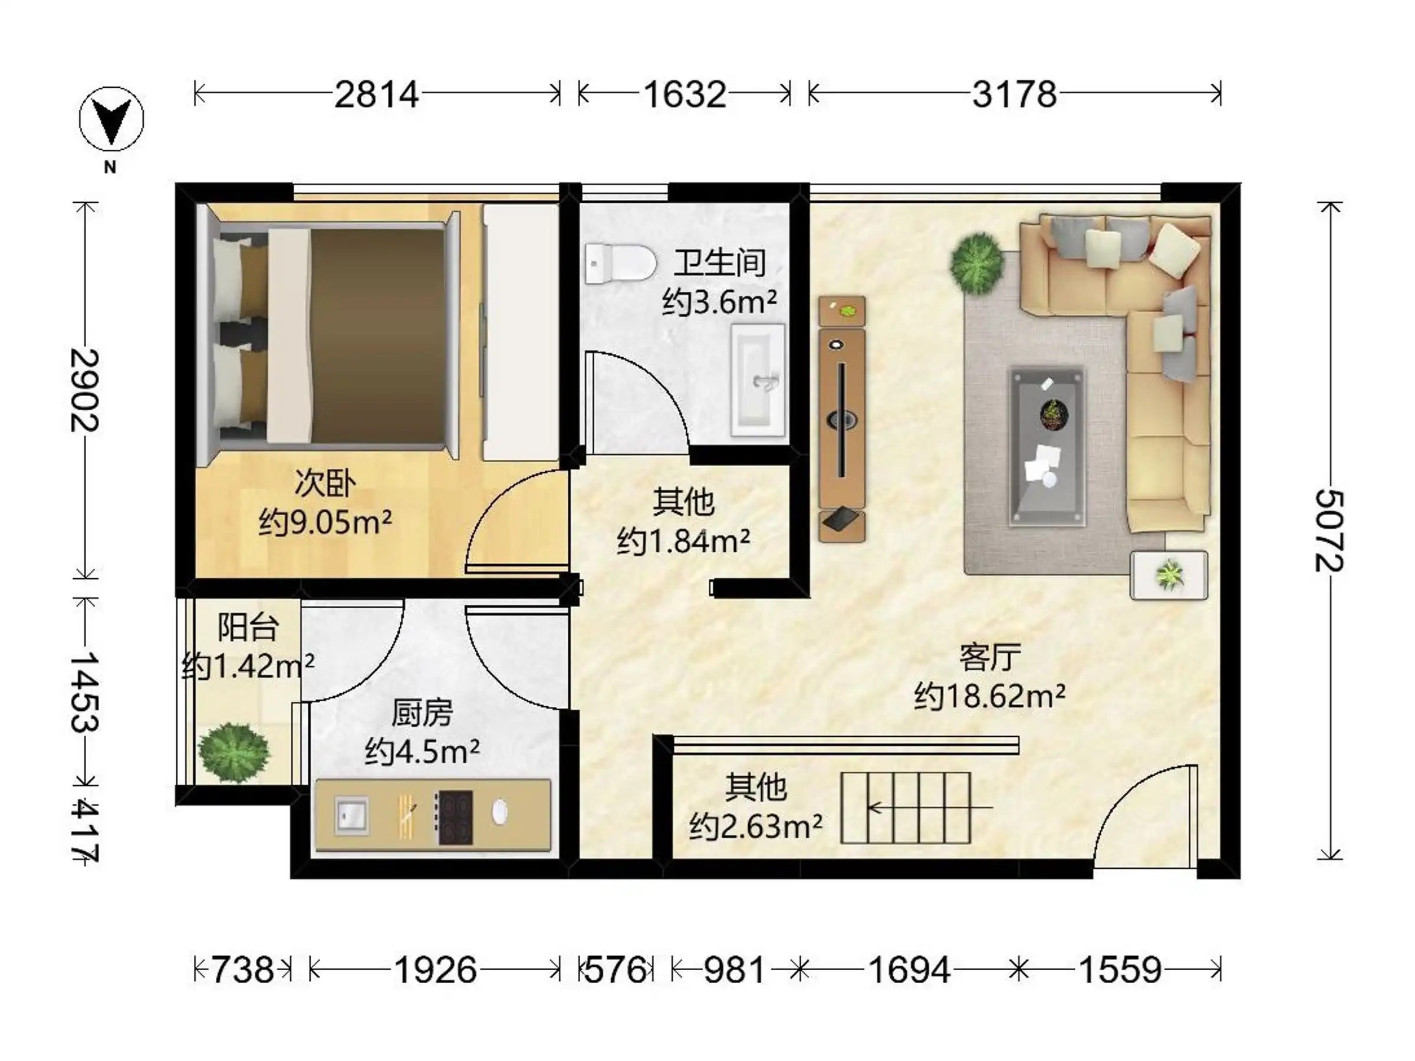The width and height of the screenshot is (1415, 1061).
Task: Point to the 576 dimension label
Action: click(616, 970)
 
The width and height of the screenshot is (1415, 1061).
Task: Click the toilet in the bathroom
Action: click(620, 263)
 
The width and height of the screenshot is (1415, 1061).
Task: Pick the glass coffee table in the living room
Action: click(1047, 446)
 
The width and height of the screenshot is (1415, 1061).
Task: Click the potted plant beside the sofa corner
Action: click(976, 263)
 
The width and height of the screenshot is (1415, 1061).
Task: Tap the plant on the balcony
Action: click(233, 752)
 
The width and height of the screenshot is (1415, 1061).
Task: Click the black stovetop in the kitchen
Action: click(454, 818)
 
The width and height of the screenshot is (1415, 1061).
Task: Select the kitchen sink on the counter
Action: click(351, 815)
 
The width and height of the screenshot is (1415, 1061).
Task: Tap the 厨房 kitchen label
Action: click(422, 713)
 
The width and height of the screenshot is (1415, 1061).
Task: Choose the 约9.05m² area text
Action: click(325, 522)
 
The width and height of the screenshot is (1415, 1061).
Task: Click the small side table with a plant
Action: click(1169, 575)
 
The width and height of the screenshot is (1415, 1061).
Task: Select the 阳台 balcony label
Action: click(248, 627)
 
